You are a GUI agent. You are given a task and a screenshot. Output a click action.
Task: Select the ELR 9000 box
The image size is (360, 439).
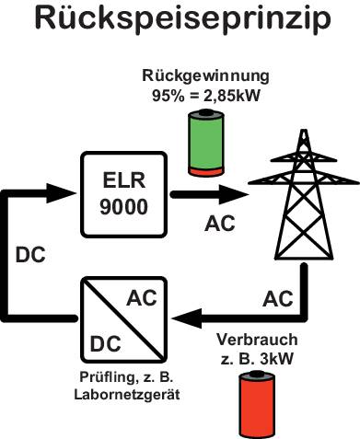click(123, 195)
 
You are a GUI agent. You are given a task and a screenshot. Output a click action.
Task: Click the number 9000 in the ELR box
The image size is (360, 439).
click(123, 208)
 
